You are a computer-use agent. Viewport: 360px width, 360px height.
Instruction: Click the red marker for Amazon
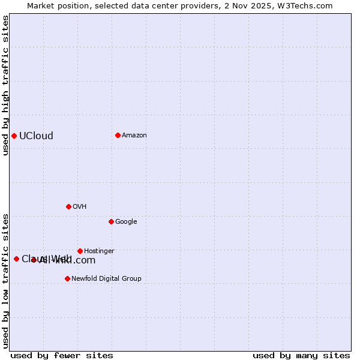[x=118, y=135]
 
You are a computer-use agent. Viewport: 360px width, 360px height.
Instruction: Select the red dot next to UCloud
[x=14, y=136]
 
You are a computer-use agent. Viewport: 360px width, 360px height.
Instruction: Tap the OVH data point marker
[x=68, y=206]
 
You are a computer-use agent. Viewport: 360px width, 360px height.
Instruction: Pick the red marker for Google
[x=111, y=221]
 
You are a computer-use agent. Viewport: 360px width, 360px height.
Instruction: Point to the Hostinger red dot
[x=80, y=251]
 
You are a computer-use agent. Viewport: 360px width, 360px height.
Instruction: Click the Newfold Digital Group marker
[x=67, y=278]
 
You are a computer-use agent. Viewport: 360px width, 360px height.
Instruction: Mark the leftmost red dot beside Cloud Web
[x=16, y=259]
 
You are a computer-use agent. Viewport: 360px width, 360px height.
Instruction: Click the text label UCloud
[x=36, y=136]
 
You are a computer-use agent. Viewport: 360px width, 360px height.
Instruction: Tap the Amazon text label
[x=134, y=135]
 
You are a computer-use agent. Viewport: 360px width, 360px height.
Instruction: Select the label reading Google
[x=126, y=221]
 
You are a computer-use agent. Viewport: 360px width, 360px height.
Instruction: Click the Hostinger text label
[x=99, y=251]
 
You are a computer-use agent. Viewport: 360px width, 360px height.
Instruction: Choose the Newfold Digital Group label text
[x=106, y=278]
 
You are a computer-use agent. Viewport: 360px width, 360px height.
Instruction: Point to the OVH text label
[x=79, y=206]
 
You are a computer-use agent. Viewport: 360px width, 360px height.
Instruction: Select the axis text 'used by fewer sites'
[x=62, y=355]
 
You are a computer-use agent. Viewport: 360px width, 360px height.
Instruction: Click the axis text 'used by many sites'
[x=301, y=355]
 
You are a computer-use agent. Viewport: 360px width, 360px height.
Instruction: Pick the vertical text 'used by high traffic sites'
[x=5, y=86]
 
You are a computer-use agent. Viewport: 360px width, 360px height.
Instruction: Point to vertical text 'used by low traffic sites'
[x=5, y=280]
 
